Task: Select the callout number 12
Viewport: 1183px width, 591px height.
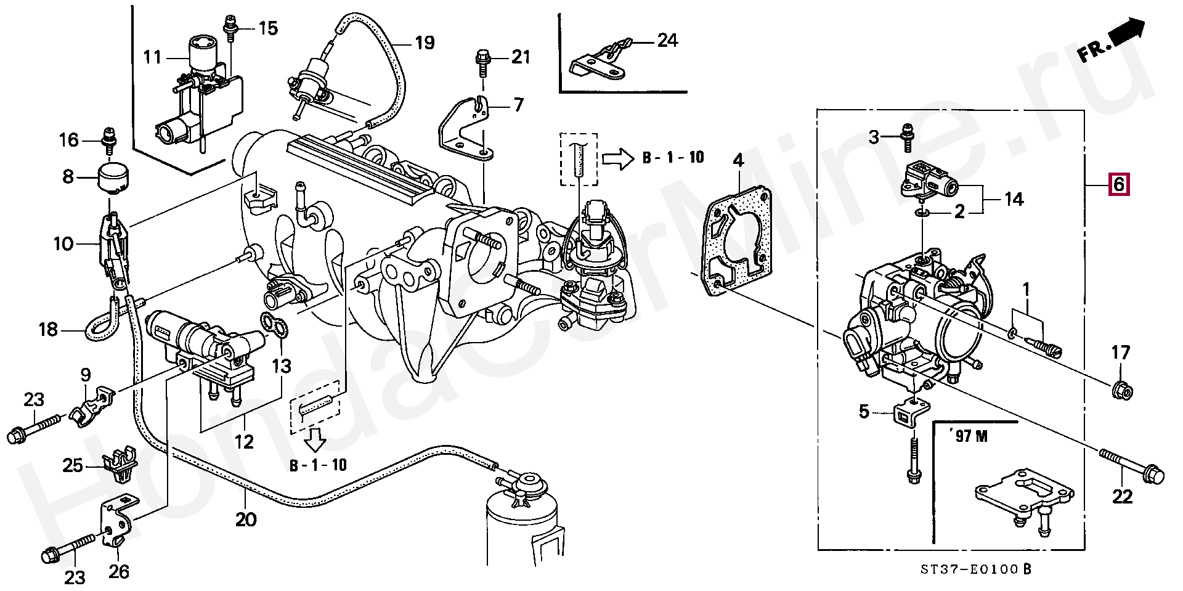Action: click(245, 441)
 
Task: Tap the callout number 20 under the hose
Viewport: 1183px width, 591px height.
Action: click(245, 520)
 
